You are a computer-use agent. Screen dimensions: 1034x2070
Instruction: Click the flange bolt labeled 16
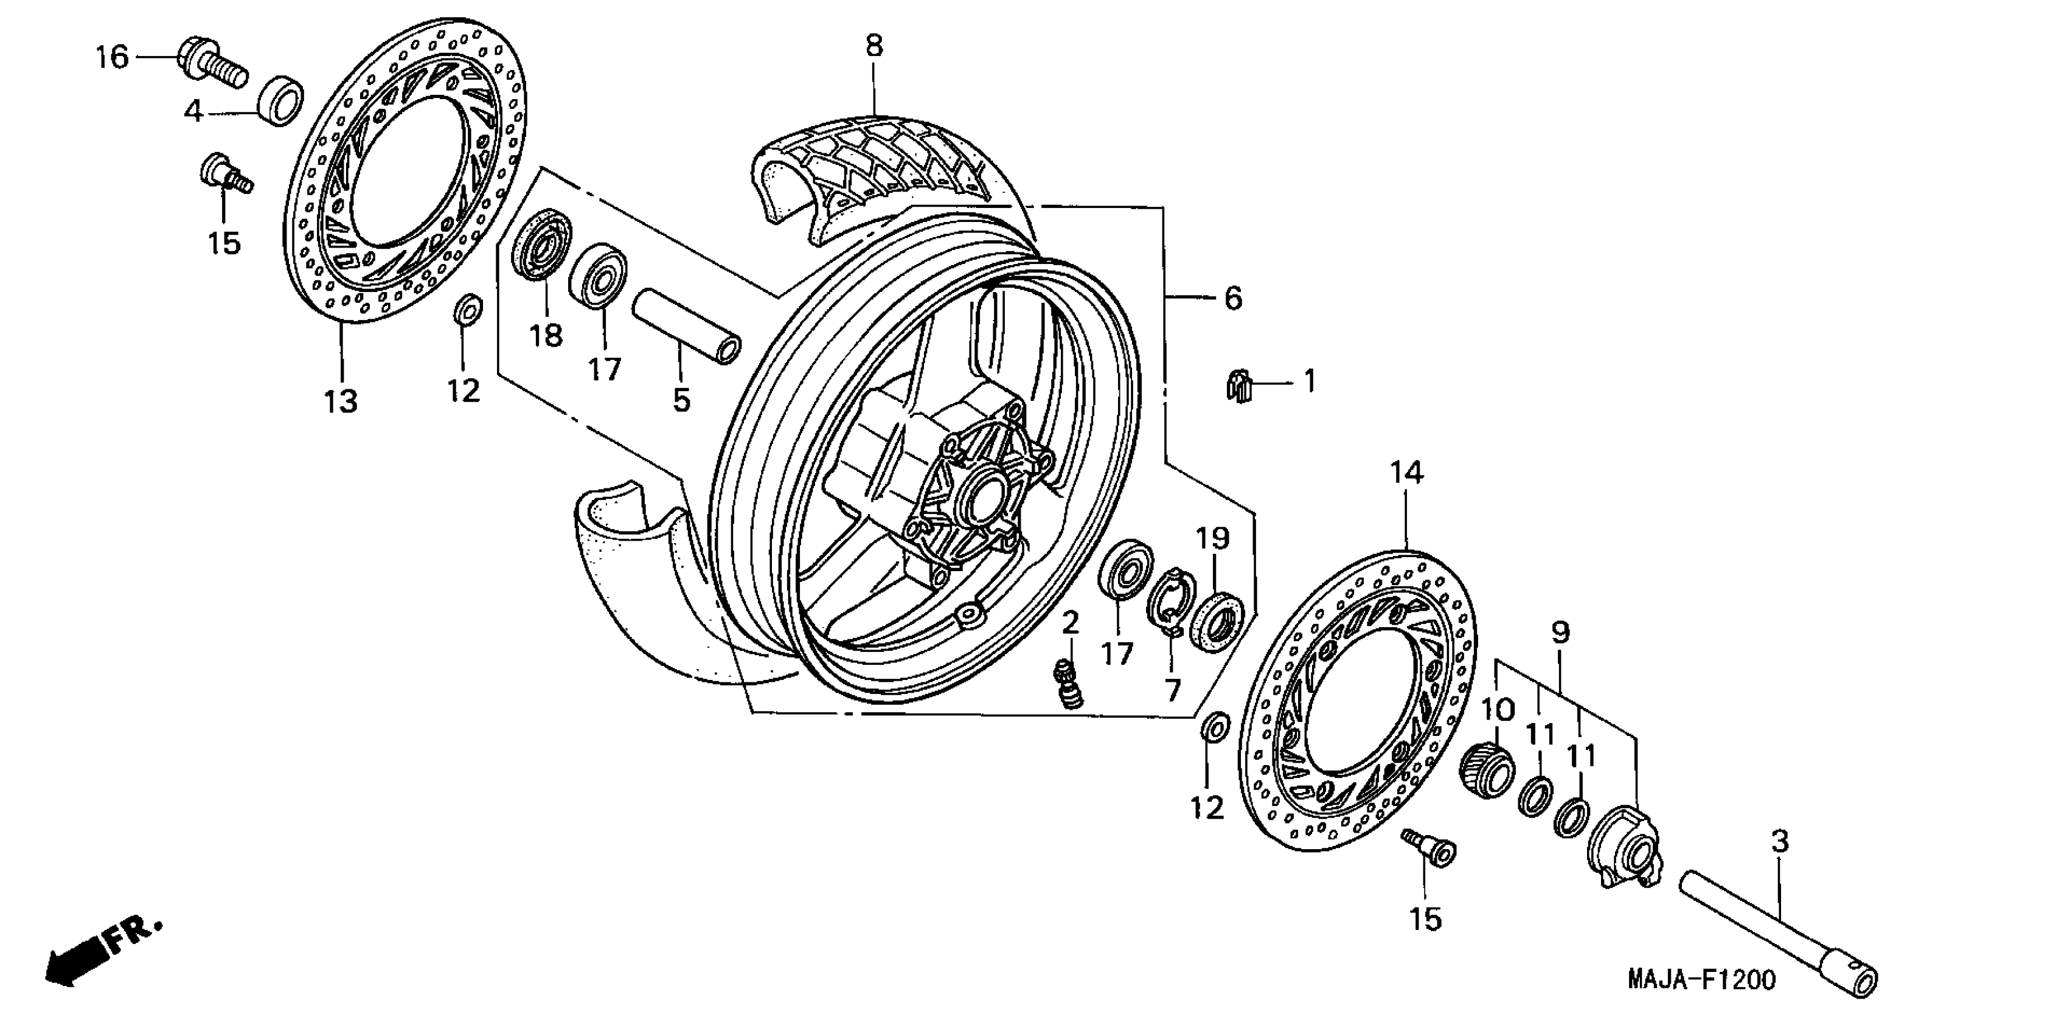tap(210, 62)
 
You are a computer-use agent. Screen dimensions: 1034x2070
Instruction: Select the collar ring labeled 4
tap(280, 100)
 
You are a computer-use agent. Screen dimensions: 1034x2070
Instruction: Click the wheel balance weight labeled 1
tap(1241, 384)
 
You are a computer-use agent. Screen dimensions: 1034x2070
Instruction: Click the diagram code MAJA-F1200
tap(1701, 979)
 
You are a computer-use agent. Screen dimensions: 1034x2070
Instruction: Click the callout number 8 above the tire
tap(873, 46)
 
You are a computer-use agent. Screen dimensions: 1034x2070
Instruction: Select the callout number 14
tap(1406, 473)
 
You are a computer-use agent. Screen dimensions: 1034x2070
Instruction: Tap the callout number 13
tap(341, 400)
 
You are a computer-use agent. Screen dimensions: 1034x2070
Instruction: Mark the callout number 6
tap(1232, 298)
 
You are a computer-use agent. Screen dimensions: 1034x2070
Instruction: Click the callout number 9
tap(1559, 633)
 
